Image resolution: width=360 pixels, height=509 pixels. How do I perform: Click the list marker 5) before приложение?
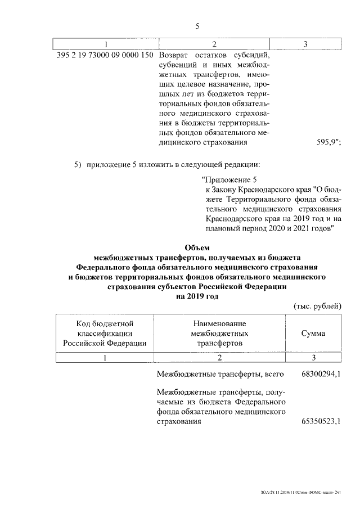coord(78,164)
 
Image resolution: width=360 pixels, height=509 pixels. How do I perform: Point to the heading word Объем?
coord(197,247)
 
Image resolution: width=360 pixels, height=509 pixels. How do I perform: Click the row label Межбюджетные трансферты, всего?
coord(220,375)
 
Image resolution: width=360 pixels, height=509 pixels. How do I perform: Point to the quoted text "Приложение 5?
coord(229,180)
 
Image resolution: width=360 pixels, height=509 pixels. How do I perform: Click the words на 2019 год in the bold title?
coord(197,296)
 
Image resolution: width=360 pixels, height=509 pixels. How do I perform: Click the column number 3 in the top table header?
coord(305,44)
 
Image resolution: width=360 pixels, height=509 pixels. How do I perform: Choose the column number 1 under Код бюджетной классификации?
coord(105,357)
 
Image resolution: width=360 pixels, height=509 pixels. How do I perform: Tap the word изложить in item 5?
coord(150,164)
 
